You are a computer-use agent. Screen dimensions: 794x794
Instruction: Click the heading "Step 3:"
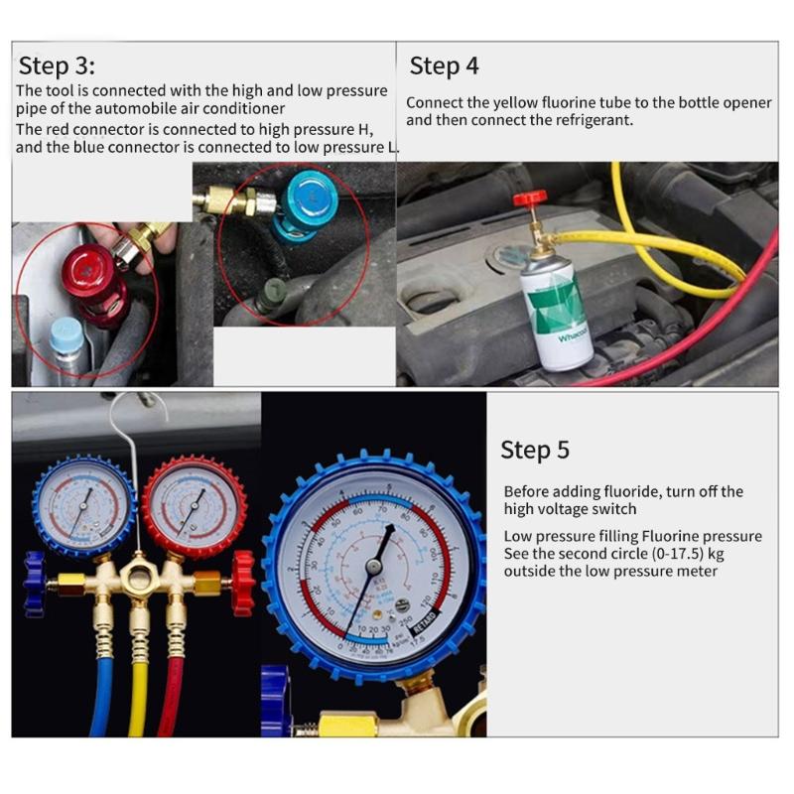point(57,66)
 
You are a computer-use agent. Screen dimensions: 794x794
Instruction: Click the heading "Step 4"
point(444,66)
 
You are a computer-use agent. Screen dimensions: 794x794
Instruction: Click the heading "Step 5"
point(535,450)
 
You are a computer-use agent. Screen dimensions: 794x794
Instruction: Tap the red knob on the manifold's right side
point(241,584)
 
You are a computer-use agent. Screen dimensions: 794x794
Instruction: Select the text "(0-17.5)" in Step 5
point(668,554)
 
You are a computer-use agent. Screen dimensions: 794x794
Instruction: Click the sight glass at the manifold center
point(139,578)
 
